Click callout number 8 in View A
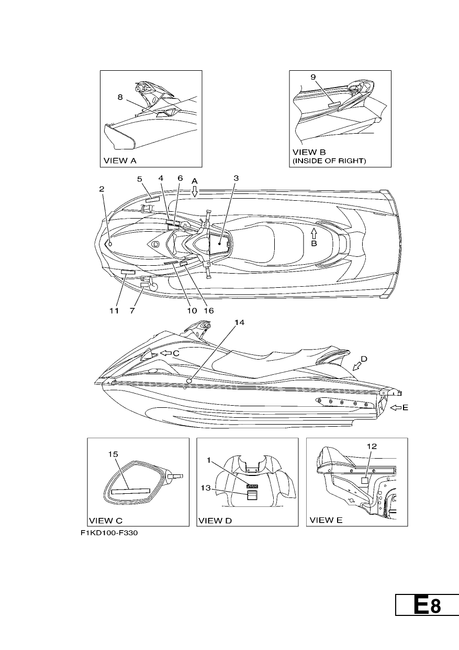(120, 97)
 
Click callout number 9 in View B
(313, 77)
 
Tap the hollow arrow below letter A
(195, 191)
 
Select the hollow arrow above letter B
(314, 234)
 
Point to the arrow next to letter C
(166, 353)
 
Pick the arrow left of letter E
(396, 408)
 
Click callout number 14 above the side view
(239, 322)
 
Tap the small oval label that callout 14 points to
(189, 381)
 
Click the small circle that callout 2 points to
(110, 244)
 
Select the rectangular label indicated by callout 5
(152, 200)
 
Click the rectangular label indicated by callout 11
(128, 272)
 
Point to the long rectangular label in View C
(131, 491)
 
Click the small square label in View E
(365, 481)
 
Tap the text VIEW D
(215, 521)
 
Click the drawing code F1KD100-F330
(109, 533)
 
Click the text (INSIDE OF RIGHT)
(329, 160)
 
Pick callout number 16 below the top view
(209, 311)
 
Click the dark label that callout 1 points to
(252, 486)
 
